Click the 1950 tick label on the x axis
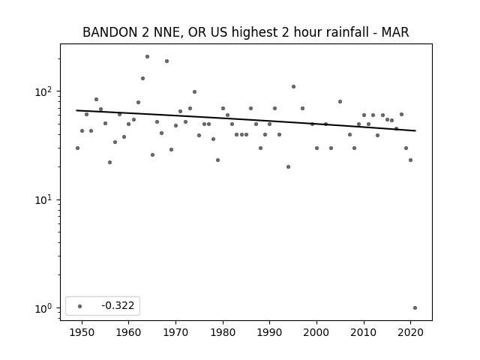[82, 332]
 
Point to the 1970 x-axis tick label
[175, 332]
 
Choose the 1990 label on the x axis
[270, 332]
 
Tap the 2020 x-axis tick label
[410, 332]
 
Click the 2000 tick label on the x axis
[316, 332]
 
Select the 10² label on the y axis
[45, 91]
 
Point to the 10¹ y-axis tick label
[45, 199]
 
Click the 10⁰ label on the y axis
[45, 308]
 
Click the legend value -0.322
[118, 305]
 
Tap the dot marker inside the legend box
[80, 306]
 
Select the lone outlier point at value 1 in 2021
[415, 308]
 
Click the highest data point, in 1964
[147, 57]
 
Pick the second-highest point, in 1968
[166, 61]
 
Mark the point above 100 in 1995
[293, 87]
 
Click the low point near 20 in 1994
[288, 166]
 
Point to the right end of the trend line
[415, 130]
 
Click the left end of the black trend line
[76, 110]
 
